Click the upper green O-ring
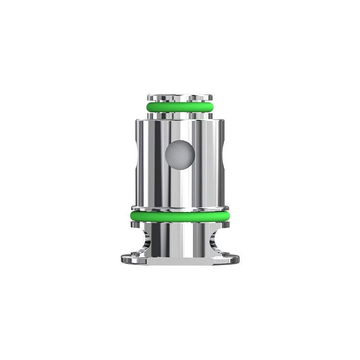(x=180, y=107)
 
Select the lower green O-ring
(x=180, y=216)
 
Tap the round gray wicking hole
(x=180, y=155)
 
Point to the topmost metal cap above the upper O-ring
(x=180, y=97)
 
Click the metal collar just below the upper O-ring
(x=180, y=116)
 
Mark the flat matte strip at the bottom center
(x=180, y=262)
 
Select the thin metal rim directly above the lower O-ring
(x=180, y=208)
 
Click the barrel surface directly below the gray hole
(x=180, y=187)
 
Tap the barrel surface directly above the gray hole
(x=180, y=130)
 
